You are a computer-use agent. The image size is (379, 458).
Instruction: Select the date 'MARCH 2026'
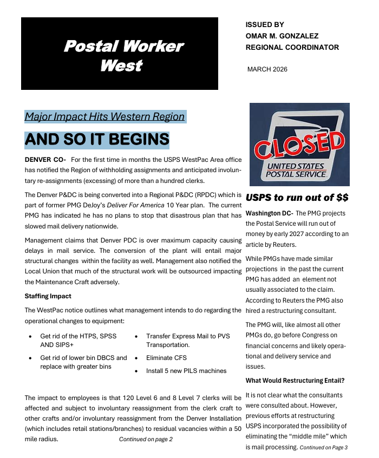[267, 69]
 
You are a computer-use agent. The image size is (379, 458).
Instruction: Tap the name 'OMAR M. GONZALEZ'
[282, 36]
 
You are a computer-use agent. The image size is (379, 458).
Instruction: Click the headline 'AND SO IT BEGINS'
[97, 139]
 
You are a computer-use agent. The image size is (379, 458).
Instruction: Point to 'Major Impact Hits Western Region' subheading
[104, 116]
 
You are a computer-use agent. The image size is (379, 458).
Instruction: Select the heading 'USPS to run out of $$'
[297, 197]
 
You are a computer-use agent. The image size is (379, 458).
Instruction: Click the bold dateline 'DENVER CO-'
[45, 160]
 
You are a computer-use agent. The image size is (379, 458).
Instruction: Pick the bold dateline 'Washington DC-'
[269, 213]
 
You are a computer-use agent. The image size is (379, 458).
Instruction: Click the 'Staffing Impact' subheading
[48, 296]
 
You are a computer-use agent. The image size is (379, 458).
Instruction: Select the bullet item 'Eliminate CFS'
[166, 358]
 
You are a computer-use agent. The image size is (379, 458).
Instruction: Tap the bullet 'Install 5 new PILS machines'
[186, 371]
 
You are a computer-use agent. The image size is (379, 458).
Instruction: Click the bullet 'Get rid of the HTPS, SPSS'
[78, 336]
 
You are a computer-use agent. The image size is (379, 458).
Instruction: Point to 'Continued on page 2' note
[146, 439]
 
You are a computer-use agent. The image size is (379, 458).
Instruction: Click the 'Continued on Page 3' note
[323, 448]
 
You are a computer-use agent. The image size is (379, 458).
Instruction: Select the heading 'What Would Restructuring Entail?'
[295, 381]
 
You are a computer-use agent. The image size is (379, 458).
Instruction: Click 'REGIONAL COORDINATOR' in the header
[292, 47]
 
